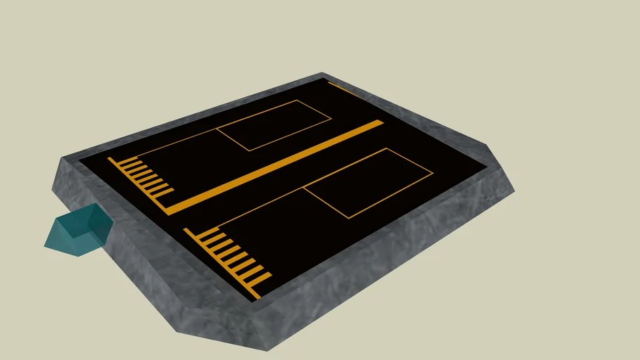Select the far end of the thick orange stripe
380,122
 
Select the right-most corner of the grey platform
514,191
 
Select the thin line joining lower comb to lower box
260,207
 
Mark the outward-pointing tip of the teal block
45,245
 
